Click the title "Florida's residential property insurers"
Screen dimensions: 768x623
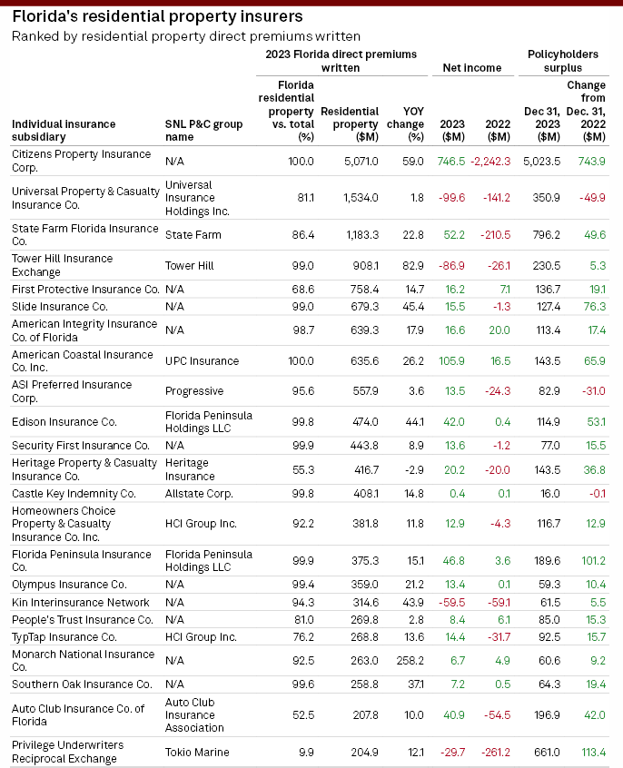157,16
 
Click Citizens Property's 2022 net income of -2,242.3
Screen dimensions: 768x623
490,161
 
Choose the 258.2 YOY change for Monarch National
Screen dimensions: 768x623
409,660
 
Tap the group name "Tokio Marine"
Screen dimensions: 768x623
197,752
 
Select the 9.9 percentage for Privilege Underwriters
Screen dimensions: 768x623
304,752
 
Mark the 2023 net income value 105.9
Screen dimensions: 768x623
450,360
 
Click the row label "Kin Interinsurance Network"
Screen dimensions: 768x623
81,602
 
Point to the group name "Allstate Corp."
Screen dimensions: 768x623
199,493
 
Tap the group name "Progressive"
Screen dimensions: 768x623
193,391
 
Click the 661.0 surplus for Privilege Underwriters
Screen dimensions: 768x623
546,752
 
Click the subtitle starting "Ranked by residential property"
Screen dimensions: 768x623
185,36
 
